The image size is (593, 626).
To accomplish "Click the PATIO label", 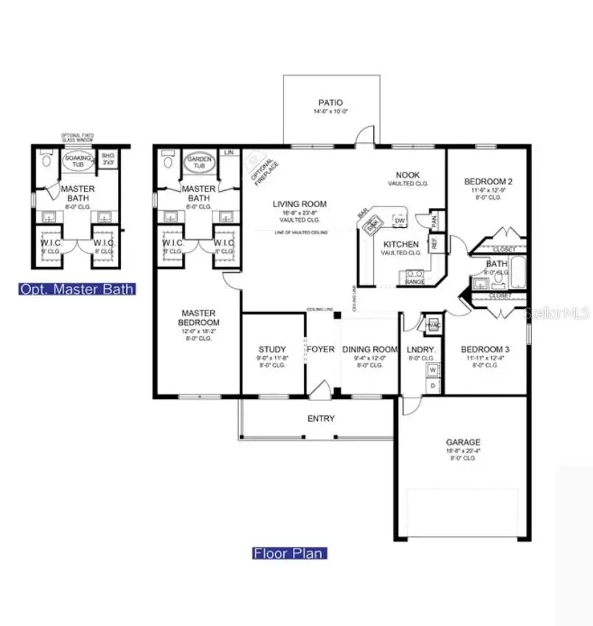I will pyautogui.click(x=330, y=103).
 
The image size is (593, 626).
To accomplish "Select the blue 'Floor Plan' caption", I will pyautogui.click(x=290, y=553).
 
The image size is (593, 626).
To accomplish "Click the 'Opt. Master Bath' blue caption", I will pyautogui.click(x=77, y=289).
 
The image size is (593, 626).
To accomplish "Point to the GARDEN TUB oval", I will pyautogui.click(x=199, y=162).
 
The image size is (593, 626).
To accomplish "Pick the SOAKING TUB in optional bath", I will pyautogui.click(x=76, y=162).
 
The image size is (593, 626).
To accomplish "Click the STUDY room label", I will pyautogui.click(x=272, y=349).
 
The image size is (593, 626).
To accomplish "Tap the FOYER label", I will pyautogui.click(x=321, y=349).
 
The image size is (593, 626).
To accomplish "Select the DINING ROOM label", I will pyautogui.click(x=370, y=349).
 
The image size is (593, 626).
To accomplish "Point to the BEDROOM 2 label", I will pyautogui.click(x=488, y=182).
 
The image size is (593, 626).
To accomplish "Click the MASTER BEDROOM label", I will pyautogui.click(x=199, y=318).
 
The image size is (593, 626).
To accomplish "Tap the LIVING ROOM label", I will pyautogui.click(x=299, y=204).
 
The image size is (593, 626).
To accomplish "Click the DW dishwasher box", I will pyautogui.click(x=400, y=220).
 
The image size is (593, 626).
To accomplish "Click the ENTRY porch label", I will pyautogui.click(x=321, y=419).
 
